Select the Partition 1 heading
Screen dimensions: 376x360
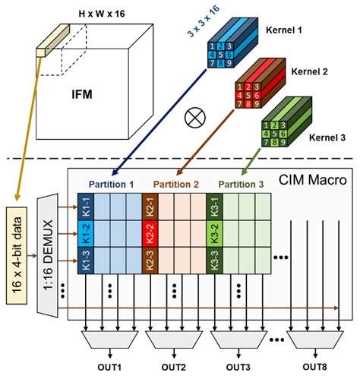tap(112, 184)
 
